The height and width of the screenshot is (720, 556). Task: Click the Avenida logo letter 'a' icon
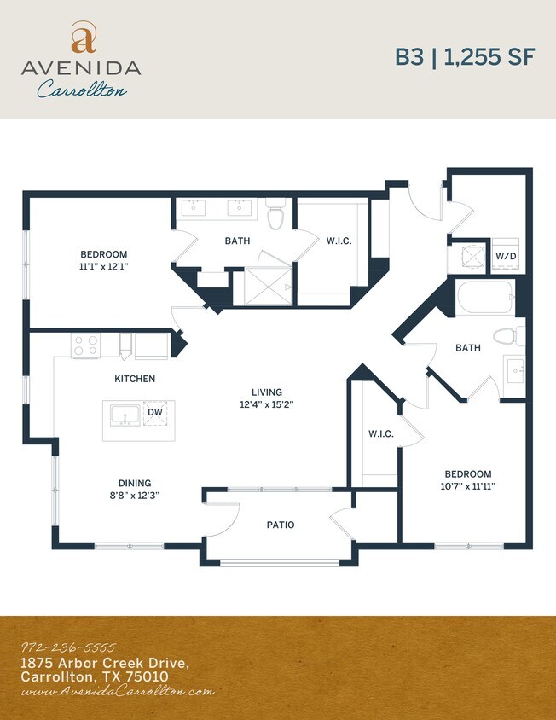tap(83, 38)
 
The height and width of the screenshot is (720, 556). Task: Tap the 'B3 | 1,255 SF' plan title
tap(464, 57)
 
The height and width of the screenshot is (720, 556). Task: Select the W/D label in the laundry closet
tap(506, 256)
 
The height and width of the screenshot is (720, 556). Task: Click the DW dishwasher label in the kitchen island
tap(155, 412)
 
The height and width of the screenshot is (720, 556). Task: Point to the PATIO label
tap(281, 525)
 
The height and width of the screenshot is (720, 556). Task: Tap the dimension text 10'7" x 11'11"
tap(467, 486)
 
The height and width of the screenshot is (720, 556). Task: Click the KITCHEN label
tap(135, 378)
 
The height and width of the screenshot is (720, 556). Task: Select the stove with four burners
tap(85, 345)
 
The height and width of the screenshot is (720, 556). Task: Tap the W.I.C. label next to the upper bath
tap(339, 241)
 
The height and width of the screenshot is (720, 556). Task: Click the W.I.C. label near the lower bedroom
tap(380, 433)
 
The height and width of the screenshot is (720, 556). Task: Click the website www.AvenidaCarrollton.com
tap(117, 692)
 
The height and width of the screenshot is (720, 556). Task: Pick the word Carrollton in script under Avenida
tap(82, 89)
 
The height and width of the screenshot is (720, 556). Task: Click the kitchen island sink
tap(125, 415)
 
